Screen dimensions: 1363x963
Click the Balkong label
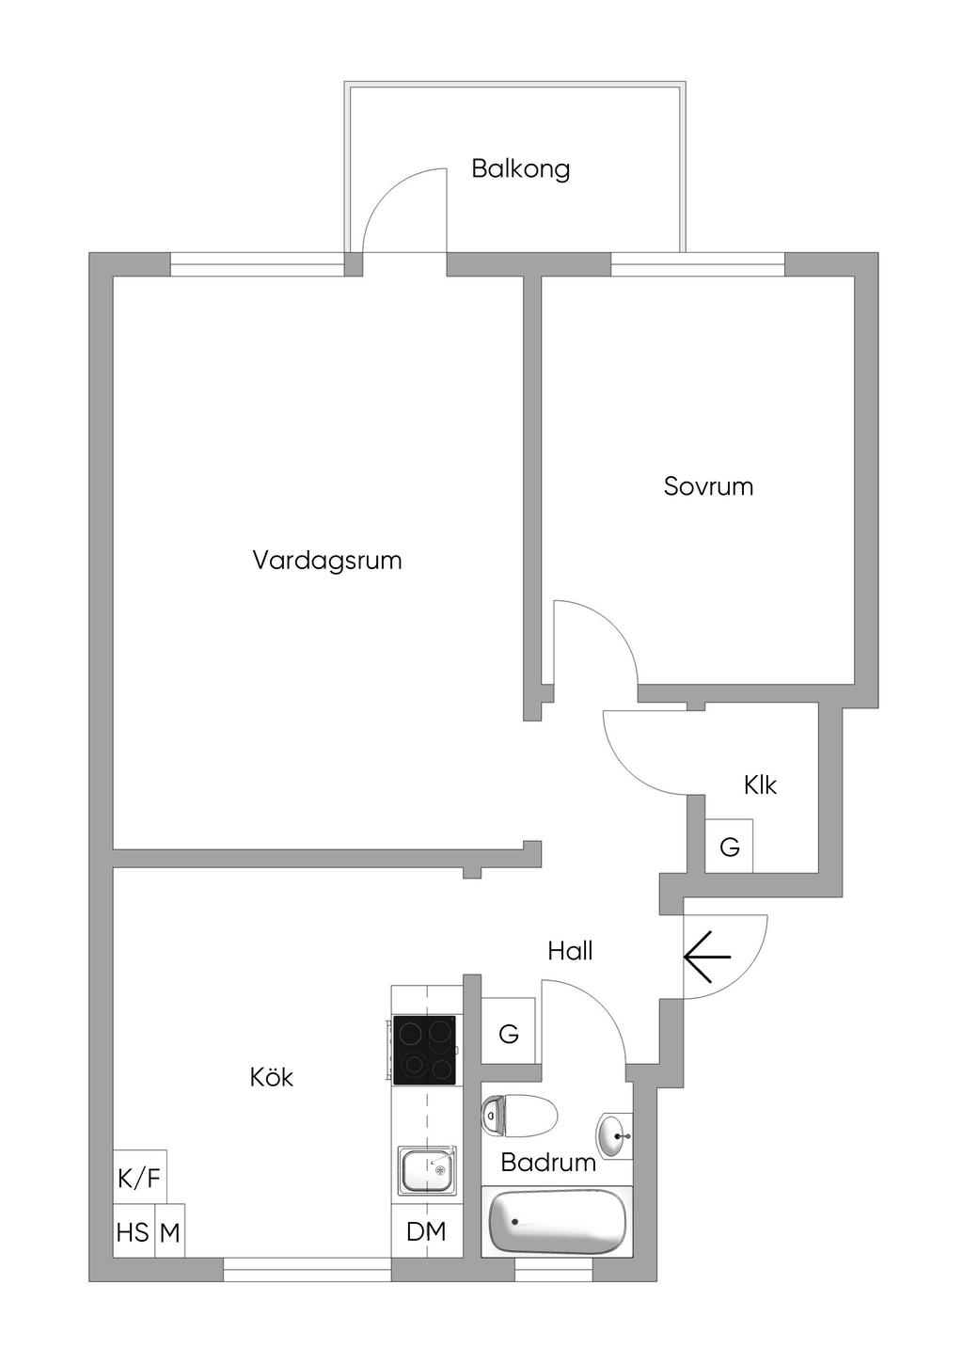coord(520,169)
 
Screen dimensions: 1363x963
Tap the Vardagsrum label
coord(326,561)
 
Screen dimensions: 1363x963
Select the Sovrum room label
coord(708,486)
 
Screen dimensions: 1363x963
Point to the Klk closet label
coord(760,785)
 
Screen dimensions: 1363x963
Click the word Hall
coord(570,951)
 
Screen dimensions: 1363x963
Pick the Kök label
coord(271,1077)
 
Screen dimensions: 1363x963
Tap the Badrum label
coord(548,1163)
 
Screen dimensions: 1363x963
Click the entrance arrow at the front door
coord(707,958)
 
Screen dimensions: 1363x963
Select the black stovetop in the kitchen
coord(424,1050)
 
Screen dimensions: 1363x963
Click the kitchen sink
coord(426,1170)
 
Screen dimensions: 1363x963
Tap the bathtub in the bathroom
coord(557,1221)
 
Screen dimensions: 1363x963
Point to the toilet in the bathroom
coord(518,1116)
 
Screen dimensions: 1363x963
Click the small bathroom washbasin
coord(615,1133)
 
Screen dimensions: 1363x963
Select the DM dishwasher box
coord(426,1231)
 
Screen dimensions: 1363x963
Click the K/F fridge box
coord(139,1178)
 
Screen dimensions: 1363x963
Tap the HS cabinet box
coord(133,1232)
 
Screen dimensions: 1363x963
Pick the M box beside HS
coord(169,1232)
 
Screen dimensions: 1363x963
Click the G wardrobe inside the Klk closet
coord(730,848)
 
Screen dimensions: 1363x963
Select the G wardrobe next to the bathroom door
coord(509,1035)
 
